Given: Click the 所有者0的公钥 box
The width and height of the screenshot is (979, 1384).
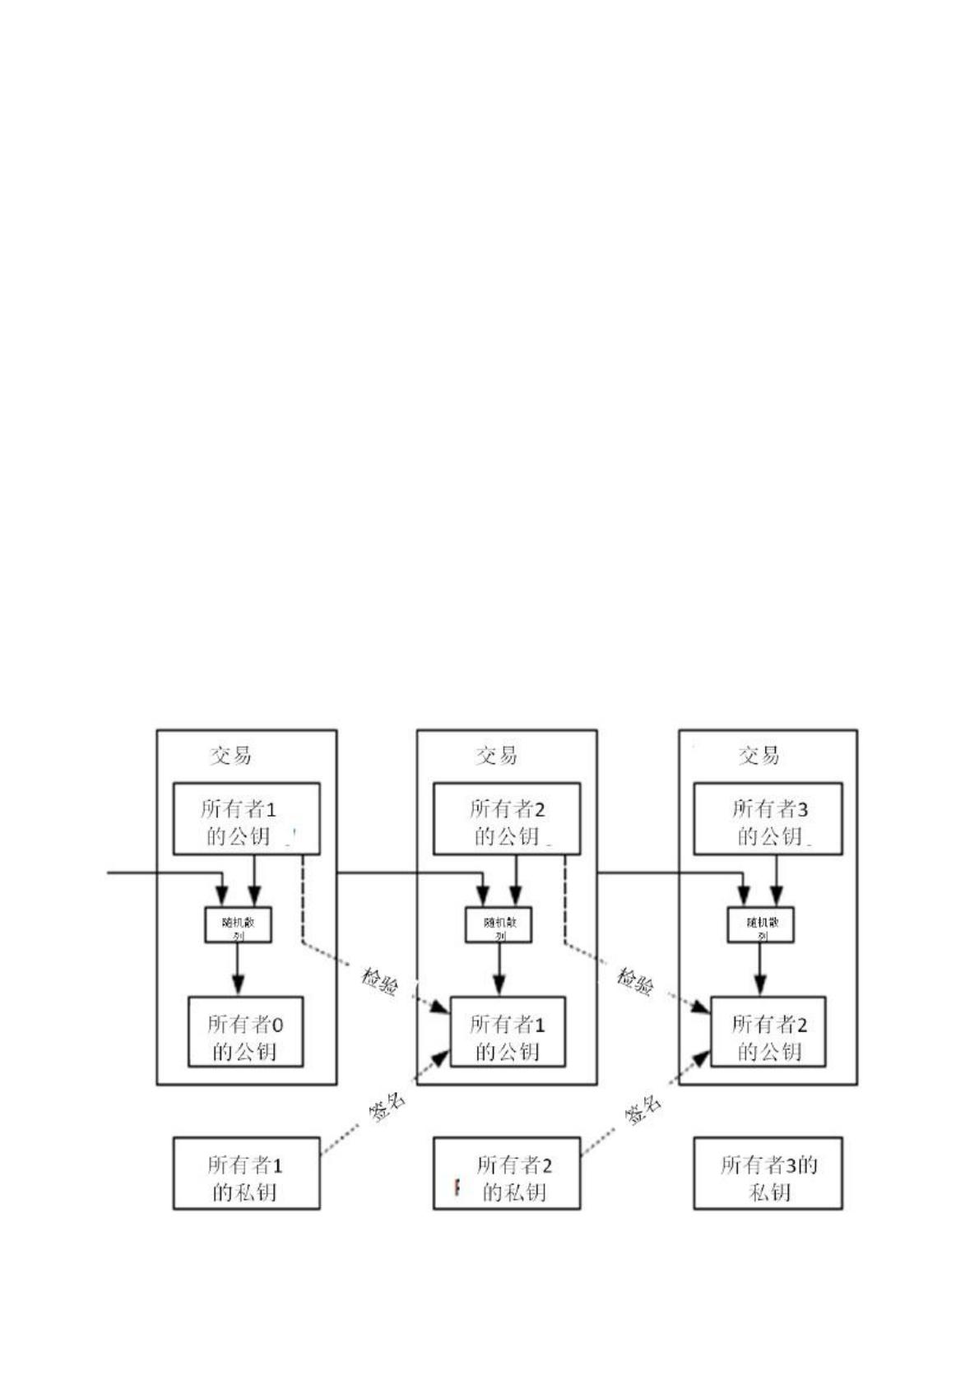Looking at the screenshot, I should click(245, 1032).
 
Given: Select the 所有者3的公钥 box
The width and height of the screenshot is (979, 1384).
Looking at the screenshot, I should click(768, 819).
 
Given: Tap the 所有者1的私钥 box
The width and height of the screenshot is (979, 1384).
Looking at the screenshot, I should click(246, 1173).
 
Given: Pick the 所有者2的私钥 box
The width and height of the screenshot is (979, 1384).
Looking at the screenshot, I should click(507, 1173).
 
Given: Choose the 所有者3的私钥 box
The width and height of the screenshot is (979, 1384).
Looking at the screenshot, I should click(768, 1173).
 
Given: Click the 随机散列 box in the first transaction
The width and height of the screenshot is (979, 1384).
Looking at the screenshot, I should click(238, 924).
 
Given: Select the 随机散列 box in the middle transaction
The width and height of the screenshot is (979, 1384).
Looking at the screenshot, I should click(499, 924).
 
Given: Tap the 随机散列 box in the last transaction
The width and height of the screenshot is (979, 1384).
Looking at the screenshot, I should click(760, 924).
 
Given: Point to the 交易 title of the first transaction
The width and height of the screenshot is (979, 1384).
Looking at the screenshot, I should click(230, 755).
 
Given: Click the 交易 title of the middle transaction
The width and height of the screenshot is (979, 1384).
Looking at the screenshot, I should click(496, 755).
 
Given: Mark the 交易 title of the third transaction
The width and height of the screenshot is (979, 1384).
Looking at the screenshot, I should click(759, 755).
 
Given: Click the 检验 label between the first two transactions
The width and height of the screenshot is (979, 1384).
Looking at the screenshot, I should click(380, 980).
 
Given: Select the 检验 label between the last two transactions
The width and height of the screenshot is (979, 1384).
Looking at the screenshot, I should click(637, 980).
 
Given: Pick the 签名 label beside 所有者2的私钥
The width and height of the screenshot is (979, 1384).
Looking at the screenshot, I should click(643, 1110).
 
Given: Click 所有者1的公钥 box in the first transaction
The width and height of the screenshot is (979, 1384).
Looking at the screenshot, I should click(246, 819).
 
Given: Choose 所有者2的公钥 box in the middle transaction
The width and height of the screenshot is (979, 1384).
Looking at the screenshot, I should click(507, 819).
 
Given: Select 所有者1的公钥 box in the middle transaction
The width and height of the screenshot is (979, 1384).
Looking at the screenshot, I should click(507, 1032).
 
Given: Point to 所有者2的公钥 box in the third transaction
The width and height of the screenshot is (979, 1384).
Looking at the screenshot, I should click(768, 1032).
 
